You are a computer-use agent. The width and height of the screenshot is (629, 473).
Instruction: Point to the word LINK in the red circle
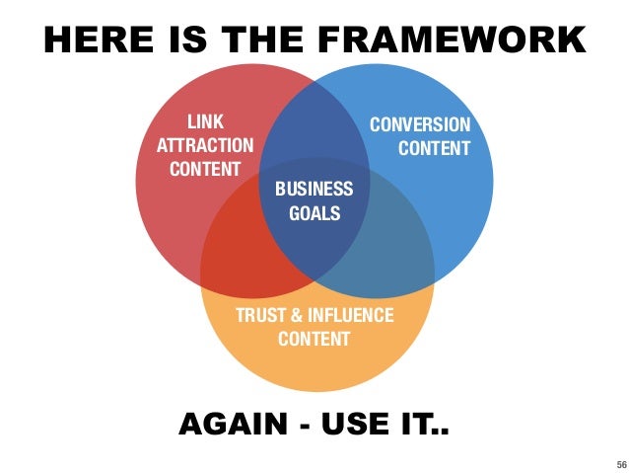tap(205, 122)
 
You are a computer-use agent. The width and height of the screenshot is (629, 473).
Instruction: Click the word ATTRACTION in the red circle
tap(205, 145)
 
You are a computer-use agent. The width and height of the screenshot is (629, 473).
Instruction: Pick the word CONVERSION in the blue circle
tap(419, 125)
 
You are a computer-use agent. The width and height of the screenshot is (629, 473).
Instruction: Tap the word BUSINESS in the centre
tap(314, 189)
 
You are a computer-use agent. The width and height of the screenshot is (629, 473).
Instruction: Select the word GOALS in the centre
tap(314, 211)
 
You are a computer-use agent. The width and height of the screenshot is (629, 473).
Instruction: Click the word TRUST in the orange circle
tap(261, 316)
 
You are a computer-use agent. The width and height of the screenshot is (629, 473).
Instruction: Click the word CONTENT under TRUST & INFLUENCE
tap(314, 339)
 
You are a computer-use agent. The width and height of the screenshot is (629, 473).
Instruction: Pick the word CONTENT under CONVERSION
tap(434, 149)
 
